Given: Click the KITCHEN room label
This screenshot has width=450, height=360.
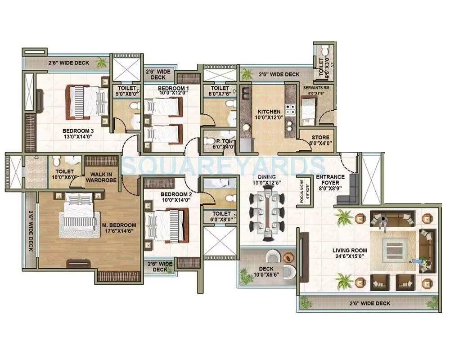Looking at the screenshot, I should coord(269,112).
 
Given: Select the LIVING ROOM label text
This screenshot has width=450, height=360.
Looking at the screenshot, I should coord(350,250).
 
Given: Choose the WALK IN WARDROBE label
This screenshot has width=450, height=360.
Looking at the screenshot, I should coord(103,177).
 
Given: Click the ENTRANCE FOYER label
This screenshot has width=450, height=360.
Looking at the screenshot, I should coord(330,180).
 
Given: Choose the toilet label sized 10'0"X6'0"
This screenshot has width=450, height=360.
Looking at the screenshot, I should coord(64,175).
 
